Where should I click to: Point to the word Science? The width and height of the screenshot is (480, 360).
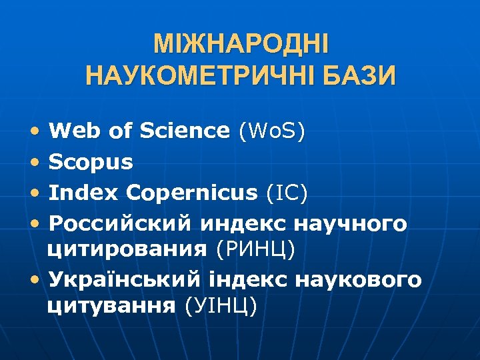tap(185, 131)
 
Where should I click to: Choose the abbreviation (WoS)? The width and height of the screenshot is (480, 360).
tap(272, 131)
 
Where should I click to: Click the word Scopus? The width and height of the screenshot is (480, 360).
tap(91, 162)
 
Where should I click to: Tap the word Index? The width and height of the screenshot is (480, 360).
tap(83, 193)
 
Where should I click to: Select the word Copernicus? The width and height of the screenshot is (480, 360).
tap(191, 193)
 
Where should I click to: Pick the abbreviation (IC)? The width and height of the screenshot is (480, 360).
tap(287, 193)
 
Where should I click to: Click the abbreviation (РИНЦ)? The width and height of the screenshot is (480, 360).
tap(256, 249)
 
